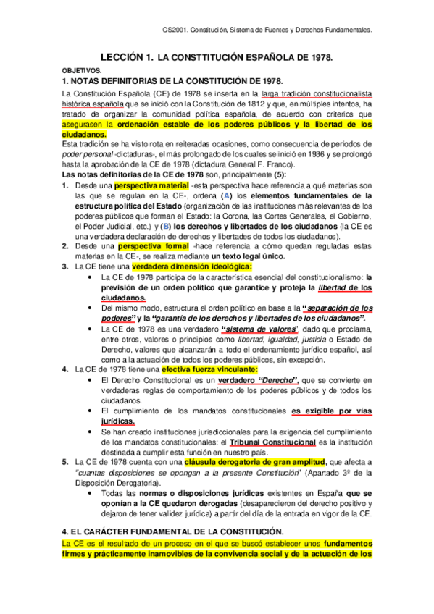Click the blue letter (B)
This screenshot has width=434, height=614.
(164, 226)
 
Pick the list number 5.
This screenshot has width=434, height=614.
(65, 461)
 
